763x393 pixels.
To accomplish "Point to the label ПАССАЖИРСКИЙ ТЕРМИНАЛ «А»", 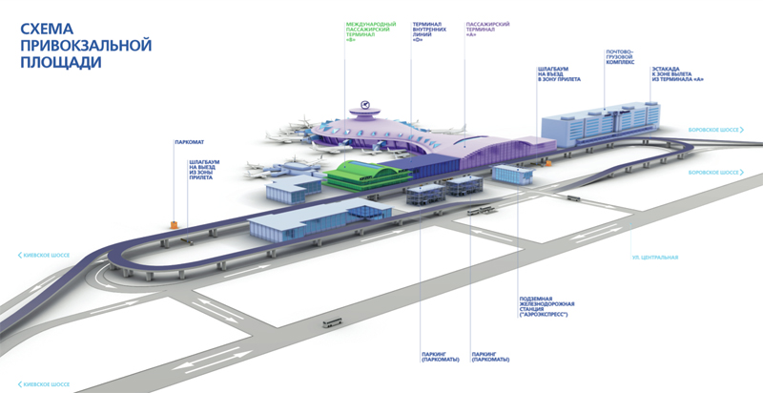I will coord(486,28).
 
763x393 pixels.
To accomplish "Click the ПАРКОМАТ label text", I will coord(188,142).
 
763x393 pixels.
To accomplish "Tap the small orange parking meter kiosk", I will coord(174,222).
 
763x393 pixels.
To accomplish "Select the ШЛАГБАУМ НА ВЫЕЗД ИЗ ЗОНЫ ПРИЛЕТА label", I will coord(205,170).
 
